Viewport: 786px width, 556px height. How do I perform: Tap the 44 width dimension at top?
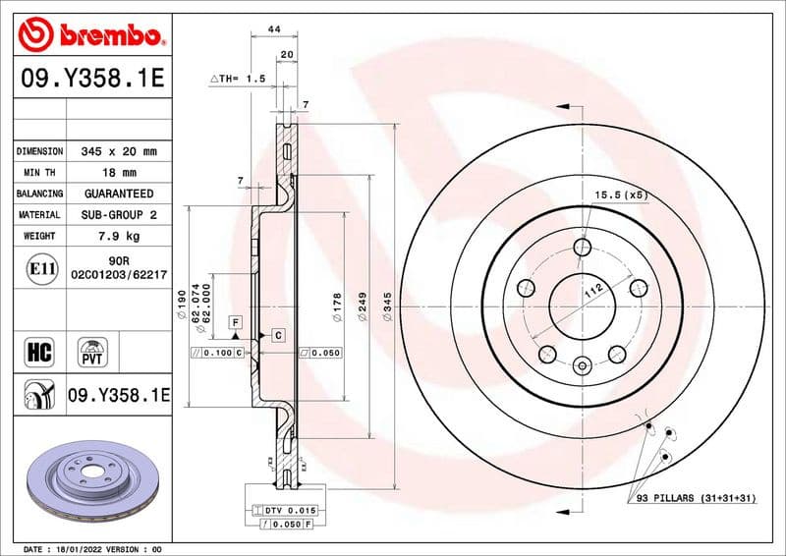click(274, 29)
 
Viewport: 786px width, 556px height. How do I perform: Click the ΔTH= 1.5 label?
click(238, 78)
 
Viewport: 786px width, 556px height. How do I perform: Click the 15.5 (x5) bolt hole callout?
click(622, 195)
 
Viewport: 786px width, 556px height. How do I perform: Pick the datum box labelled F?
click(236, 322)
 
